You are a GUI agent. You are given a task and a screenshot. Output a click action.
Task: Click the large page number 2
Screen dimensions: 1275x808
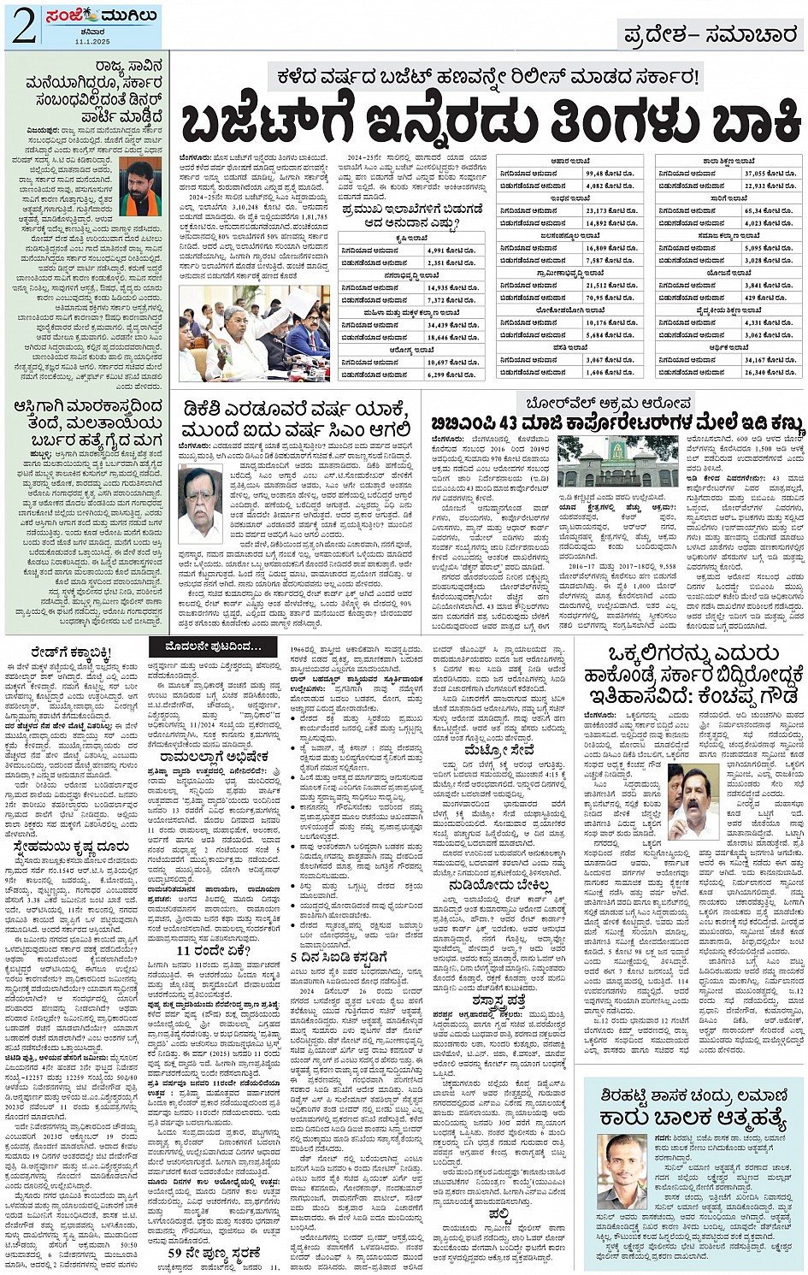25,26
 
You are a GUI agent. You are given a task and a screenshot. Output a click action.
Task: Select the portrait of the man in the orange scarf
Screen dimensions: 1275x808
140,186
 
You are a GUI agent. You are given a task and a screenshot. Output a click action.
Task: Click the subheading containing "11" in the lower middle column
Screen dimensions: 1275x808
201,950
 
